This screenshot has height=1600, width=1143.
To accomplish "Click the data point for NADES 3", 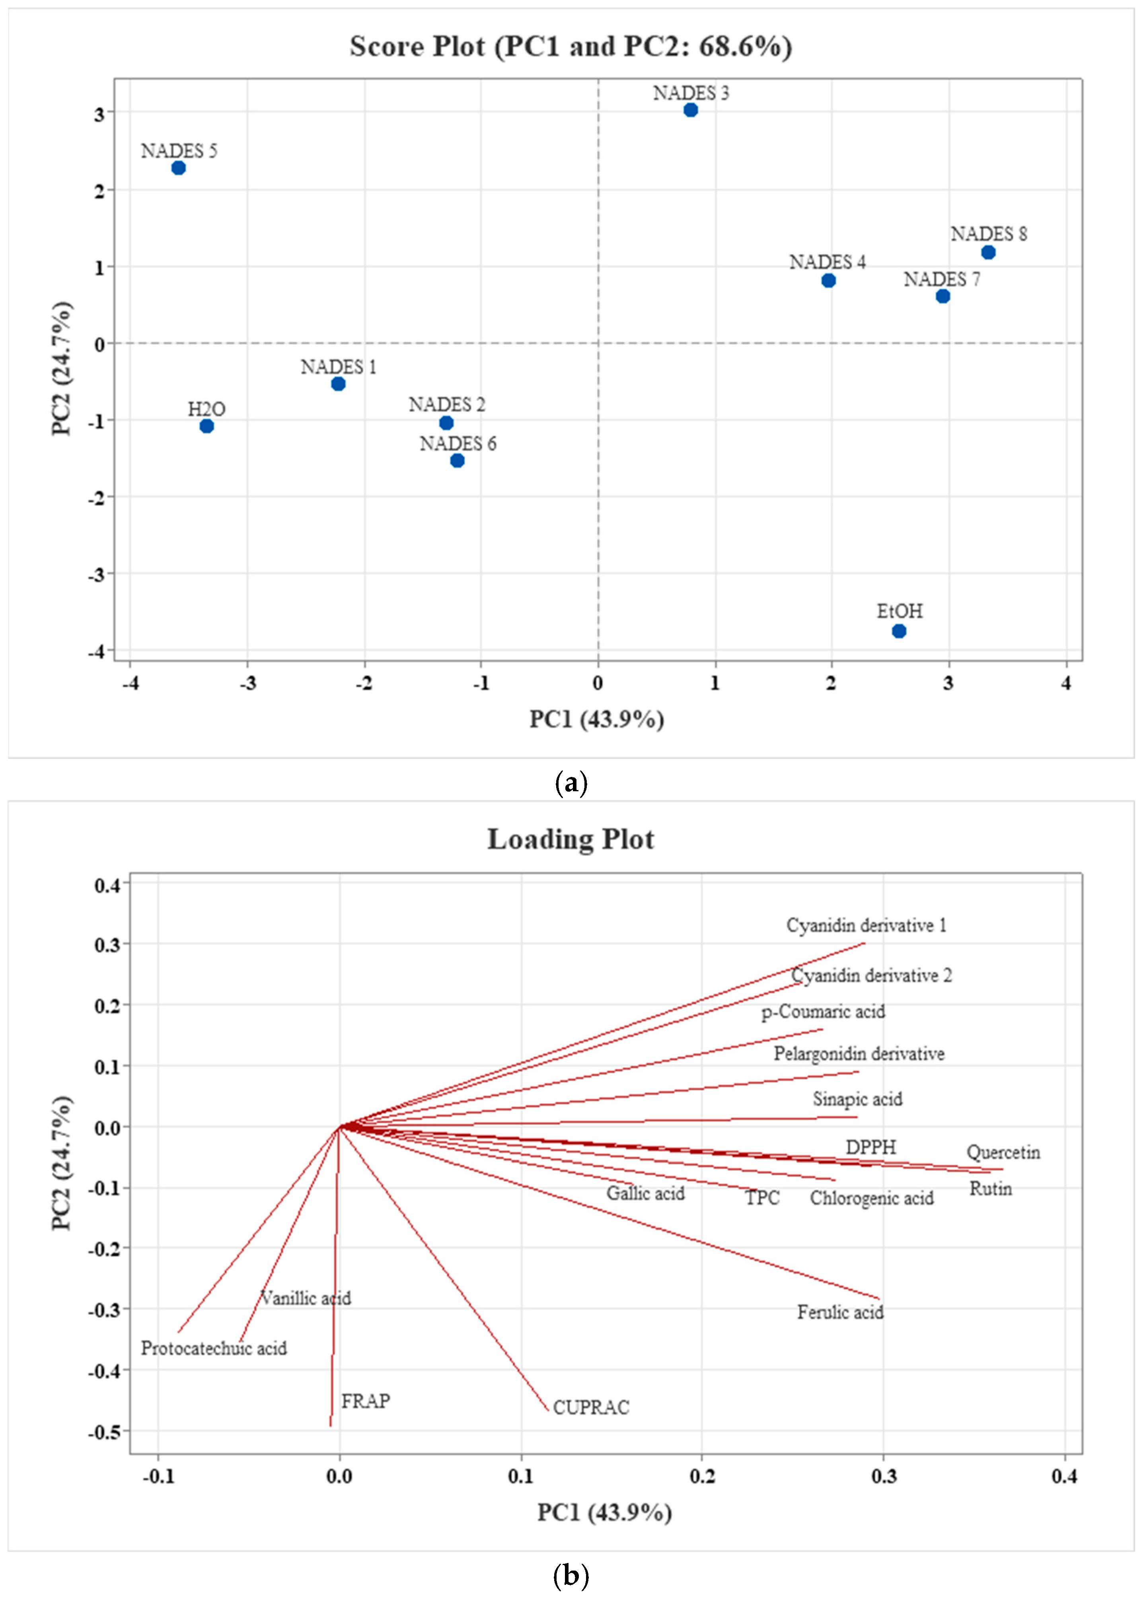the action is [x=690, y=110].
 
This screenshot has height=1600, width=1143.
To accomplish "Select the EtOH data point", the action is [x=899, y=631].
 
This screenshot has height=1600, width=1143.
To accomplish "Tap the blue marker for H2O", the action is [x=206, y=426].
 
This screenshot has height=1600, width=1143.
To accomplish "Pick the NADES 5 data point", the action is [x=178, y=167].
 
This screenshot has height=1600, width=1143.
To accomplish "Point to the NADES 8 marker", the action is [x=988, y=252].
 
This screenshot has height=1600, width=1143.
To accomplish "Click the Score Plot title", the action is [x=571, y=47].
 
